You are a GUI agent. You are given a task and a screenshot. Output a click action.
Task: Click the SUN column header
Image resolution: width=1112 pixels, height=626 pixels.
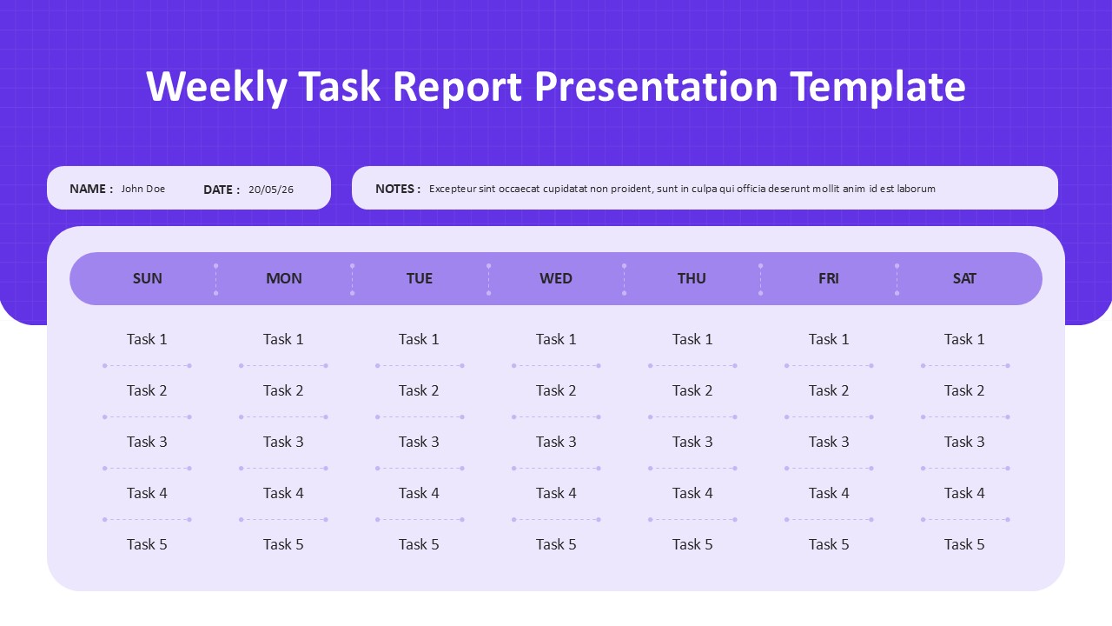tap(147, 278)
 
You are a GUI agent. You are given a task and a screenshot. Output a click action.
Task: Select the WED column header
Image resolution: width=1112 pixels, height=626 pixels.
tap(556, 278)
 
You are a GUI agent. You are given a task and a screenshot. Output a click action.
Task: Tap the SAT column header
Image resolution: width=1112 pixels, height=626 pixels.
tap(964, 278)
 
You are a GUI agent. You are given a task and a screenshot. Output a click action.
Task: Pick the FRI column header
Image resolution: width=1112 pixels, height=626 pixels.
tap(829, 278)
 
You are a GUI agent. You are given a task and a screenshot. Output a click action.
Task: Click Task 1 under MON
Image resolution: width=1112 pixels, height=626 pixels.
tap(283, 339)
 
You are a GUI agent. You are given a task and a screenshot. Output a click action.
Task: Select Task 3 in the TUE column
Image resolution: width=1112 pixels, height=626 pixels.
tap(419, 442)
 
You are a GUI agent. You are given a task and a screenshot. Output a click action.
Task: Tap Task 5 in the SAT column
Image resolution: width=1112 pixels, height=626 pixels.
tap(964, 544)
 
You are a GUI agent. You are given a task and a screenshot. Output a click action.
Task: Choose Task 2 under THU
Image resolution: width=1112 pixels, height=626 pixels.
tap(692, 390)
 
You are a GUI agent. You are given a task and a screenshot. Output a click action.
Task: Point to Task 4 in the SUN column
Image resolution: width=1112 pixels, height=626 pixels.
tap(147, 493)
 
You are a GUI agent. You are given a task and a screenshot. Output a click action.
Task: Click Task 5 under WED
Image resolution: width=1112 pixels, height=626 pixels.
tap(556, 544)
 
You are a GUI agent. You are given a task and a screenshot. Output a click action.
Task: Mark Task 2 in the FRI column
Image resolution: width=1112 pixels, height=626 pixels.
tap(829, 390)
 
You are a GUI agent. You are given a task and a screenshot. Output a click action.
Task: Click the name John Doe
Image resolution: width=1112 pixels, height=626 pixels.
tap(143, 189)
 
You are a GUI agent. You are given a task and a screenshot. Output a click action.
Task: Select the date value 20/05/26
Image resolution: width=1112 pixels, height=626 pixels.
tap(271, 190)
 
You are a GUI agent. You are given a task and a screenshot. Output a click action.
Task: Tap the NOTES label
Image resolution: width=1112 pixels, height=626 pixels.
tap(398, 189)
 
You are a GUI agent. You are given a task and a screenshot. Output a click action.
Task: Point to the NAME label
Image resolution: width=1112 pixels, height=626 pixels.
tap(91, 189)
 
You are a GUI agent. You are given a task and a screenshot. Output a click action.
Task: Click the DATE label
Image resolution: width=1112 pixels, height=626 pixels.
tap(222, 190)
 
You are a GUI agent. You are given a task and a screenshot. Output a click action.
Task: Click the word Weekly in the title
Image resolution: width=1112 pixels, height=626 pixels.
tap(216, 87)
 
